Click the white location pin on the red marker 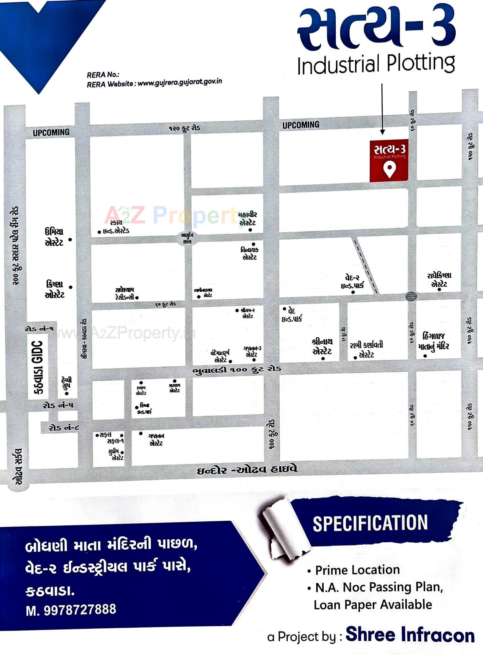(x=389, y=169)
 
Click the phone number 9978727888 (x=80, y=610)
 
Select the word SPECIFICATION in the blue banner (x=370, y=523)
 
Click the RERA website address (x=180, y=83)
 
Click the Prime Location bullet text (x=357, y=570)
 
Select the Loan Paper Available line (x=373, y=605)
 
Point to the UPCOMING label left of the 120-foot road (x=51, y=133)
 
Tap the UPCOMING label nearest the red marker (x=301, y=125)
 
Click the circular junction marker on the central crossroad (x=187, y=238)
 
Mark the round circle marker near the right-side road (x=411, y=296)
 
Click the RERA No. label (x=103, y=75)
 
